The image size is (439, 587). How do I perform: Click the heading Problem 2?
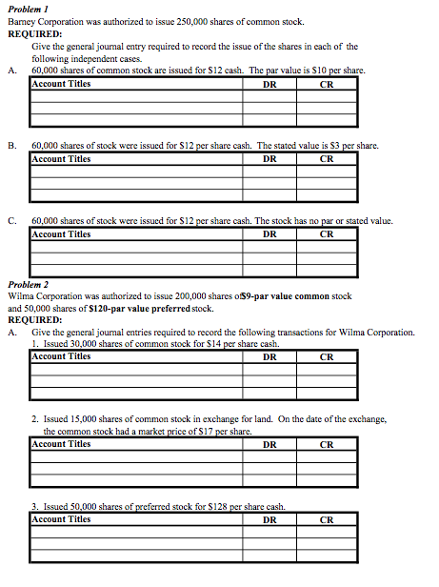[28, 285]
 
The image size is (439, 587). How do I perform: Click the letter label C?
[10, 221]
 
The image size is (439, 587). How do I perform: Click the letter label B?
[10, 146]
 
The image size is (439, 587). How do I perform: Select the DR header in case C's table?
[269, 233]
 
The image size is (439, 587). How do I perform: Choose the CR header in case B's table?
[327, 159]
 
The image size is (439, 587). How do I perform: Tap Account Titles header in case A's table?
[62, 83]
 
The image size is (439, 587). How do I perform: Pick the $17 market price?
[203, 432]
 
